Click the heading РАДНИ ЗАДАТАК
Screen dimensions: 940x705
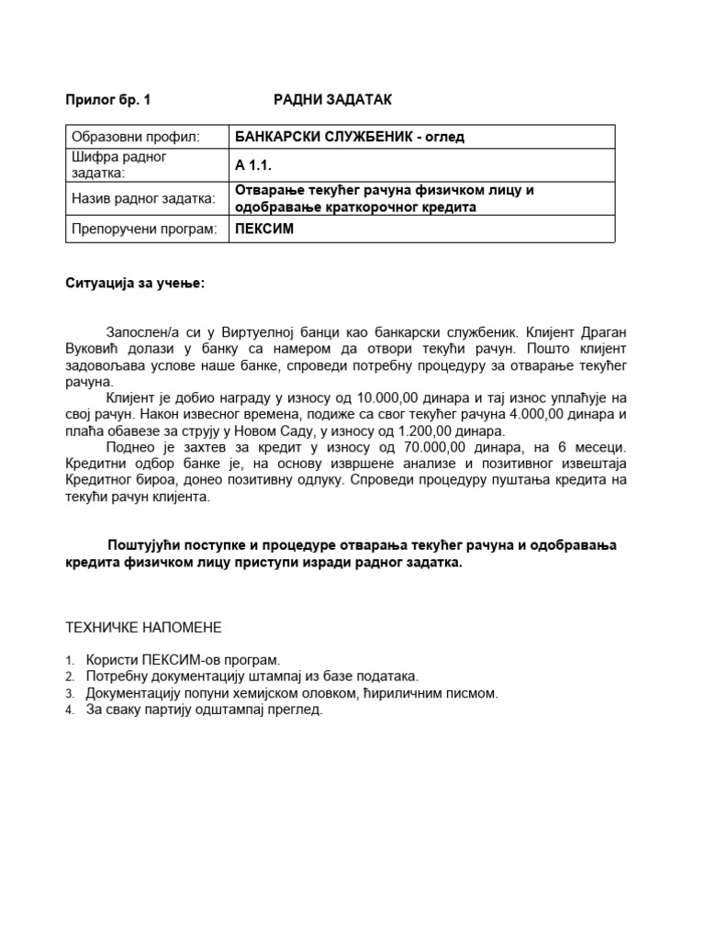pyautogui.click(x=332, y=99)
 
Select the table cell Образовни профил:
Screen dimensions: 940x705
pyautogui.click(x=135, y=138)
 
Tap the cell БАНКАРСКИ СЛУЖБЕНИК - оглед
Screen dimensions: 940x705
pyautogui.click(x=350, y=138)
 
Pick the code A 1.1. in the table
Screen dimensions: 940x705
pyautogui.click(x=255, y=165)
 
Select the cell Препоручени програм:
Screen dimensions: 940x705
pyautogui.click(x=144, y=229)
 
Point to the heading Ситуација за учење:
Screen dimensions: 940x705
pyautogui.click(x=136, y=283)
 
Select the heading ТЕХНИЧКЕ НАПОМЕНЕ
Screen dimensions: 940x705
pyautogui.click(x=143, y=628)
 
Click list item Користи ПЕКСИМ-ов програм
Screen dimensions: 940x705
pyautogui.click(x=182, y=660)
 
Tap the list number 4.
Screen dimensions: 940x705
pyautogui.click(x=69, y=711)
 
